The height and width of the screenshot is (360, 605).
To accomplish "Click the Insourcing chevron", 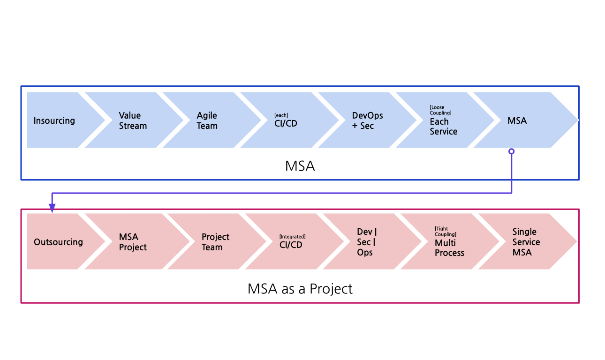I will (x=54, y=120).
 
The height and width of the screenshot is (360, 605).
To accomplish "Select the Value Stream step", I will (x=133, y=120).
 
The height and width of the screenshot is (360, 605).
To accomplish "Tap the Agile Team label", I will (x=207, y=120).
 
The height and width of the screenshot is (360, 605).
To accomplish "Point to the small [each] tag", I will (x=281, y=115).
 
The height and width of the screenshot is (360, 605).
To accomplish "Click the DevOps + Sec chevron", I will (x=367, y=120).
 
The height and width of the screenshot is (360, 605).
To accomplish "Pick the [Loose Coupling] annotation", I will (x=440, y=110).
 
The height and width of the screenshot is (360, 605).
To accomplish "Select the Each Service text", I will (x=443, y=127).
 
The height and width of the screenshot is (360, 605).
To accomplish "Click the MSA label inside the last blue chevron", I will (x=517, y=120).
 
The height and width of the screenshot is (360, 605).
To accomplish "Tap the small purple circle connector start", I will (x=512, y=151).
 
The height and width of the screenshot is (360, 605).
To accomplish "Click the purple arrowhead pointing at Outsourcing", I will (x=52, y=208).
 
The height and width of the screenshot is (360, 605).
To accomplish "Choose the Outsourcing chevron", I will (x=58, y=242).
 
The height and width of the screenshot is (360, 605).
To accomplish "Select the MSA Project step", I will (x=133, y=242).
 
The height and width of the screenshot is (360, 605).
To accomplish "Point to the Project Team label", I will (x=215, y=242).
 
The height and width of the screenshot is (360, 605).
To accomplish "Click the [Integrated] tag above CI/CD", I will (x=292, y=237).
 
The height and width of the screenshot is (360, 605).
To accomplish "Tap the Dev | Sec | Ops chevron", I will (x=366, y=242).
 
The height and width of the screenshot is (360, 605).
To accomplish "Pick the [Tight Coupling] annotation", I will (x=446, y=232).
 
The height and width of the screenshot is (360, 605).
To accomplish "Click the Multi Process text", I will (x=449, y=248).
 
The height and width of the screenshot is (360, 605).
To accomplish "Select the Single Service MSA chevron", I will (x=526, y=242).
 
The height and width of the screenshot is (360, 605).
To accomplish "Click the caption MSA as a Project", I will (x=300, y=289).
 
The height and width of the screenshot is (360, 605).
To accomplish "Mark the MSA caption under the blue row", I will (x=300, y=166).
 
